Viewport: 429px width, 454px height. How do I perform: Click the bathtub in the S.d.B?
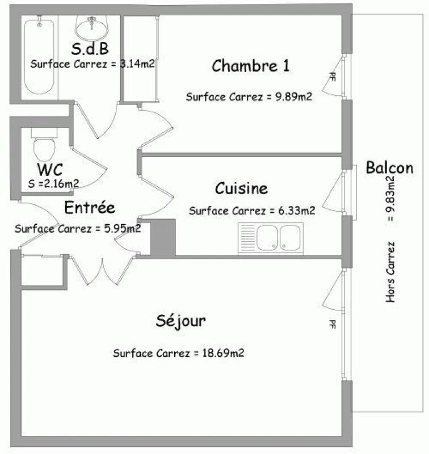(39, 56)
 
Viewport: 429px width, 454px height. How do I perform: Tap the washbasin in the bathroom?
(92, 28)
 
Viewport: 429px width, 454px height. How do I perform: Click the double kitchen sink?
(271, 238)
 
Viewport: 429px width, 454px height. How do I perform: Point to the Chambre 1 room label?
(251, 66)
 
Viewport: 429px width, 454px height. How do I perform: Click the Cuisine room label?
(241, 188)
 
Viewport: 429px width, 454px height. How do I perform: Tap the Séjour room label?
(181, 321)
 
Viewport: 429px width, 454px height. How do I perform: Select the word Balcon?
(389, 168)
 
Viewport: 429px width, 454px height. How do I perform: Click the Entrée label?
(90, 207)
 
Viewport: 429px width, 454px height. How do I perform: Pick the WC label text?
(50, 169)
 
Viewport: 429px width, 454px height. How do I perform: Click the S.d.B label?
(90, 49)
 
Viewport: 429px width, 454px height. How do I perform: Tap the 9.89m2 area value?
(294, 96)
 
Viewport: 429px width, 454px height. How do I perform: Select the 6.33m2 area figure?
(297, 211)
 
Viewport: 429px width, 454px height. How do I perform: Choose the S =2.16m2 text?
(53, 183)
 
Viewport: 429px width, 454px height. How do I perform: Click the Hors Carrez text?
(390, 272)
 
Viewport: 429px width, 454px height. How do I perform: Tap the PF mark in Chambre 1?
(333, 77)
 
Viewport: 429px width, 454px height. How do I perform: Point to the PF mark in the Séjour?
(333, 324)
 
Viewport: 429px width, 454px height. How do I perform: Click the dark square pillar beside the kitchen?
(163, 237)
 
